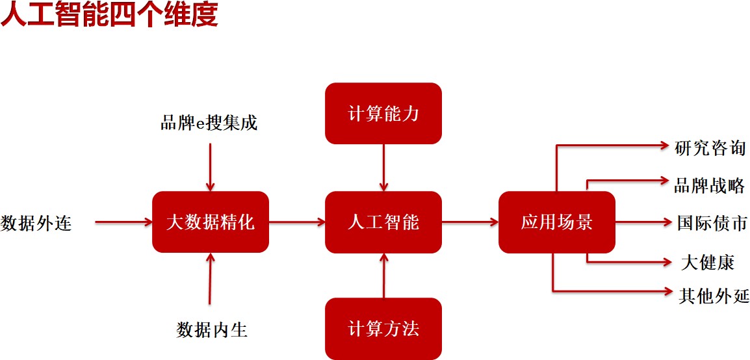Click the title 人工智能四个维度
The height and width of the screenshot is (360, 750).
[109, 16]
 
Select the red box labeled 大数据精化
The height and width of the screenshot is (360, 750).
[210, 222]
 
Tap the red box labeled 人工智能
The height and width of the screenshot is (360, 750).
[383, 222]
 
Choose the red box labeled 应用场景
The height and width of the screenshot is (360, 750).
[556, 222]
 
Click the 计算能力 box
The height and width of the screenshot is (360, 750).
[383, 114]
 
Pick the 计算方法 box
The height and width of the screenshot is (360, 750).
[383, 328]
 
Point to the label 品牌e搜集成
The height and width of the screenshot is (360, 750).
[209, 122]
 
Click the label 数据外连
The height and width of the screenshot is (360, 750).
[36, 223]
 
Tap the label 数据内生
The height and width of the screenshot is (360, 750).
[213, 329]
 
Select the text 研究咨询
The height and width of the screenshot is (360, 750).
[710, 148]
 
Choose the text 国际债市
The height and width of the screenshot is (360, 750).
[712, 223]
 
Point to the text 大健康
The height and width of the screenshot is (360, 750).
[708, 262]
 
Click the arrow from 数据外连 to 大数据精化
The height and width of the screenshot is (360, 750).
[123, 222]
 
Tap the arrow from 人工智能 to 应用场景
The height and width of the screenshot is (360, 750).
[470, 222]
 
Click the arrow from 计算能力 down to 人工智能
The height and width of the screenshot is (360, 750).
[383, 167]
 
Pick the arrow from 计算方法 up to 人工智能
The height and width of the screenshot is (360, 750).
[383, 276]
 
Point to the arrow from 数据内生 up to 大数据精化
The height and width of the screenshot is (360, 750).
[210, 278]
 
